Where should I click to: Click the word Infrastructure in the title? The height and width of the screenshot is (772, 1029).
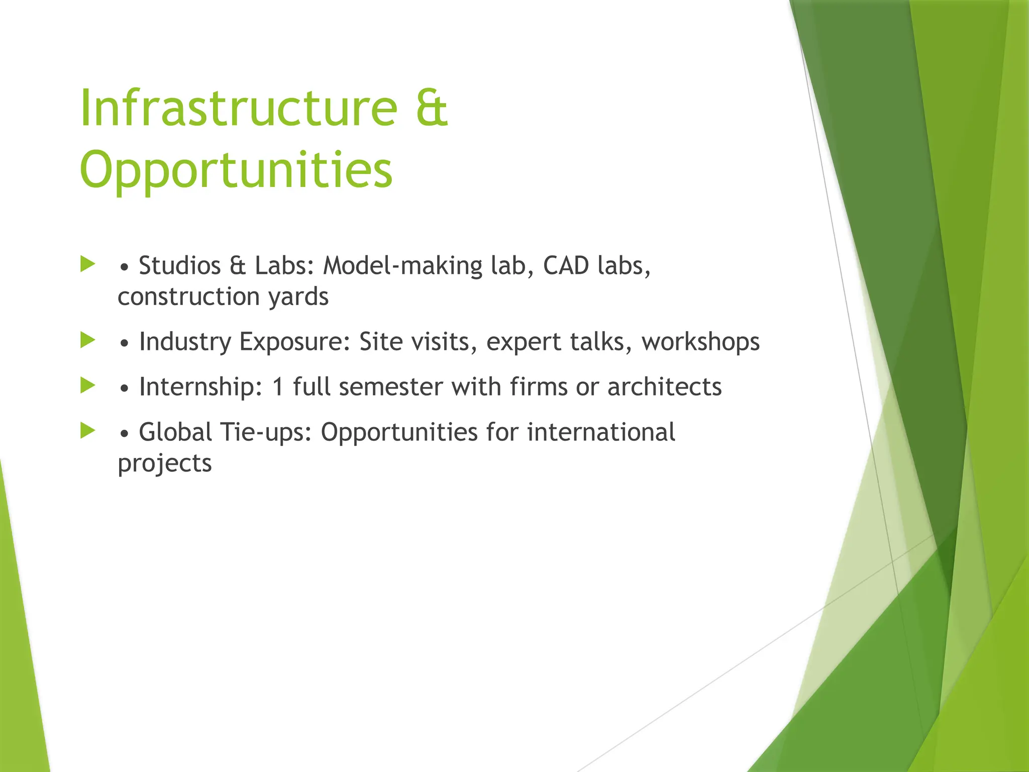(x=238, y=108)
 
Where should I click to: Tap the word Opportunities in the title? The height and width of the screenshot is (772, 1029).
(x=236, y=171)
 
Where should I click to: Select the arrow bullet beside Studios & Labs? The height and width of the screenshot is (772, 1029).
(x=88, y=264)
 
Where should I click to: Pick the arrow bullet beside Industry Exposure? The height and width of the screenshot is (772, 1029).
(x=88, y=340)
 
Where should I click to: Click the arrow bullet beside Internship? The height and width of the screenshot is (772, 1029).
(x=88, y=385)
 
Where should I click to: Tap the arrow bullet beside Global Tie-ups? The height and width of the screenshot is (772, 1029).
(x=88, y=431)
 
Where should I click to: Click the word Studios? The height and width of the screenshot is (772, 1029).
(x=179, y=265)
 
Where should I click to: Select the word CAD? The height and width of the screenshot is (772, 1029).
(x=566, y=265)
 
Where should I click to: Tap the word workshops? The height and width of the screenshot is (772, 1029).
(x=700, y=342)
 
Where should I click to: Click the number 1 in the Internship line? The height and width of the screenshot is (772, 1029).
(x=278, y=387)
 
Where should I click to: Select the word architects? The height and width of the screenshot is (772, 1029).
(x=664, y=387)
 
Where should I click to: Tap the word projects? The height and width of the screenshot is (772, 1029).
(x=165, y=463)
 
